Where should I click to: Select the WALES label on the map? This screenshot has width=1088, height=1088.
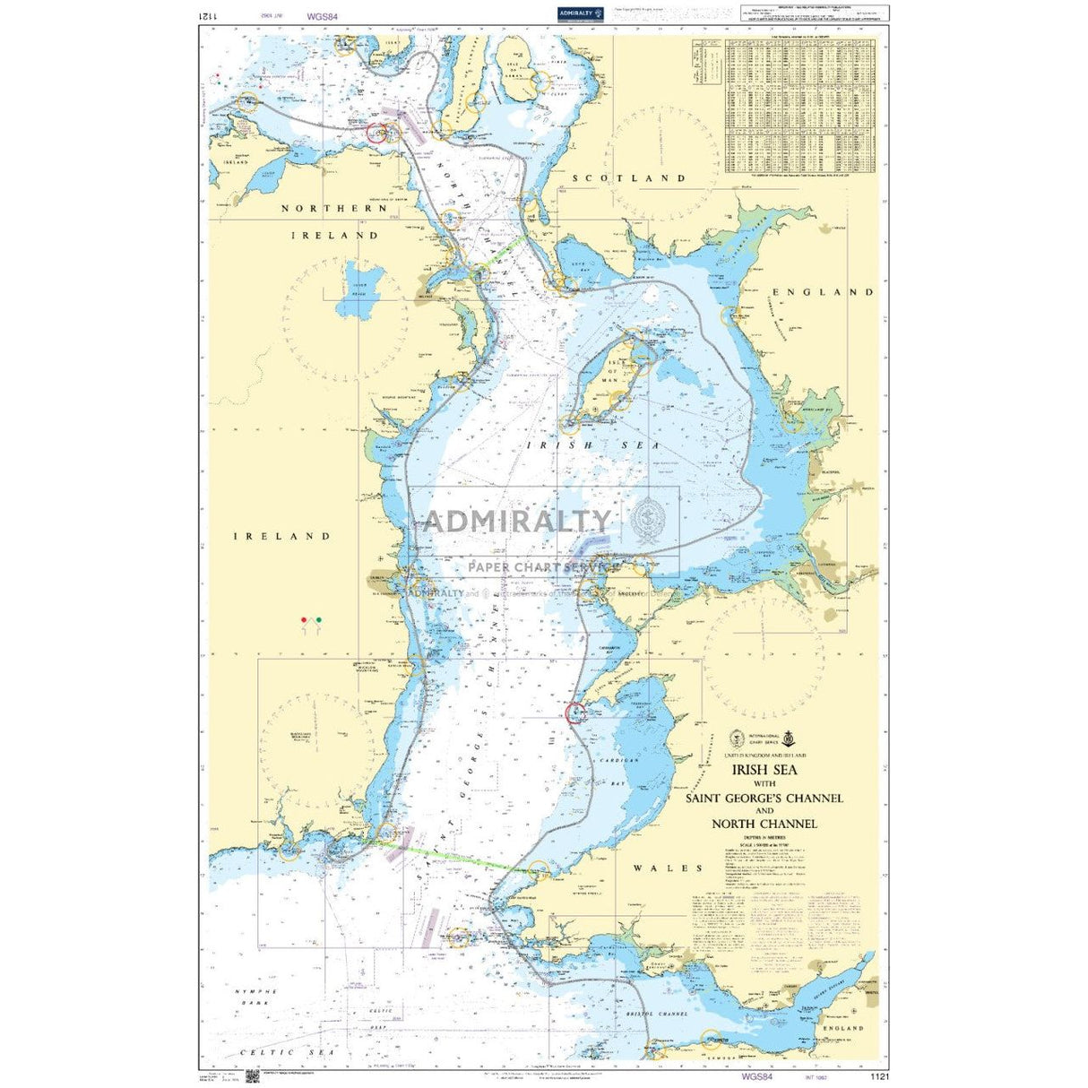coord(668,868)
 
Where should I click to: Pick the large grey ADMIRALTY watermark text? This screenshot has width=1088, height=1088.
coord(516,521)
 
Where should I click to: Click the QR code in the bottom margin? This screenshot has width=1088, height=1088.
coord(251,1075)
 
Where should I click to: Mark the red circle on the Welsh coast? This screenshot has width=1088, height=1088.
coord(576,713)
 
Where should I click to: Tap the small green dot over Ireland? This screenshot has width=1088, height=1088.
coord(319,619)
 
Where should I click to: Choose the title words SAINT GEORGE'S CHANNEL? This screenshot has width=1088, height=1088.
coord(764,798)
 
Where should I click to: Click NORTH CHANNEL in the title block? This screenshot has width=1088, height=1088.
coord(764,824)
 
